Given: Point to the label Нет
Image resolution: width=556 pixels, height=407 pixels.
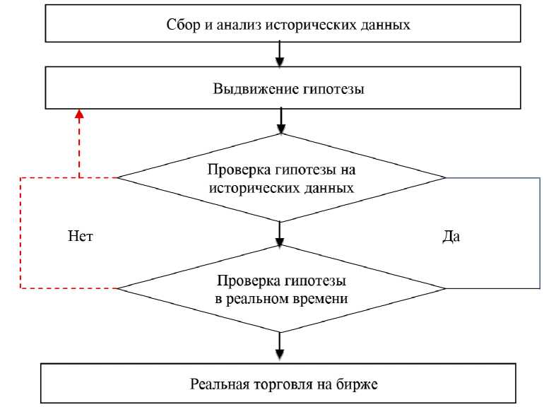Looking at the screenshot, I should [80, 237].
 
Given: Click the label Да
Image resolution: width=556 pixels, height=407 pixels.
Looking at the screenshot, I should [451, 237].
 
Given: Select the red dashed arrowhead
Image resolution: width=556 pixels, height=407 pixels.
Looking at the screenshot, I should [79, 114].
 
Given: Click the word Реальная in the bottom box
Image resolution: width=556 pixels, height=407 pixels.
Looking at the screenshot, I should [218, 384].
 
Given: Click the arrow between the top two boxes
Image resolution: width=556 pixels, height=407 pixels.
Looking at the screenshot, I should [280, 54].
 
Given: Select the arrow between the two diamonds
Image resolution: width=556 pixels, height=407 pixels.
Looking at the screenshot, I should [280, 233].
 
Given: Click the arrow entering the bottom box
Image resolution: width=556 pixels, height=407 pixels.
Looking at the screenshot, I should [280, 347].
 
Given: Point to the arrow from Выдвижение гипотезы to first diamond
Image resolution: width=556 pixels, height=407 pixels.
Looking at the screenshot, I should [280, 119].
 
